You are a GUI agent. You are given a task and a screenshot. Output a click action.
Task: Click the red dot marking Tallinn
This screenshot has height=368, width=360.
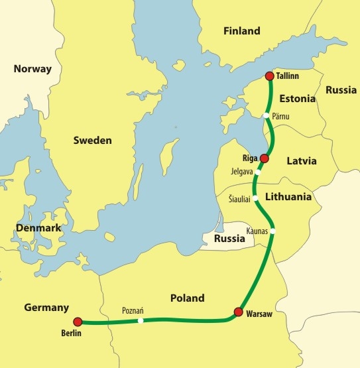point(269,76)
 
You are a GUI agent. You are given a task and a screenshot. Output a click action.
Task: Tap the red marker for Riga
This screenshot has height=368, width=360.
point(265,158)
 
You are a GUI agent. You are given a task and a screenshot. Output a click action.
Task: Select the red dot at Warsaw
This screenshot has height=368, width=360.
point(239,312)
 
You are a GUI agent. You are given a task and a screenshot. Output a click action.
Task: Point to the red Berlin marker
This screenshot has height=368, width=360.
point(78,321)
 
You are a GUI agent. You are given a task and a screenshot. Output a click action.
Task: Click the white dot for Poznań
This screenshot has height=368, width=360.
point(141,321)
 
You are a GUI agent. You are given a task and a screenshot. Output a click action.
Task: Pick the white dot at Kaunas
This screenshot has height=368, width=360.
point(272,231)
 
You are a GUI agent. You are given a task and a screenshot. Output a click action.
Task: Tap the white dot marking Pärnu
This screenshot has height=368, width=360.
point(266,115)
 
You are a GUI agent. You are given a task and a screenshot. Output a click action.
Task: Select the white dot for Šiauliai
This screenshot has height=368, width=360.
point(255,198)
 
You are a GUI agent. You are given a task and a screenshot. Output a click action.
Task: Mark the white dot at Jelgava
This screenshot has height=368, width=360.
point(259,169)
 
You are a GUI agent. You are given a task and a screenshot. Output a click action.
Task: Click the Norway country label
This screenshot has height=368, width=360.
point(32,68)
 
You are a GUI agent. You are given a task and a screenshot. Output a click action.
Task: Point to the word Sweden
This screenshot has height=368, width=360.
point(92,141)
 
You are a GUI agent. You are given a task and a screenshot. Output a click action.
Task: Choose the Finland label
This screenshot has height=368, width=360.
point(242,31)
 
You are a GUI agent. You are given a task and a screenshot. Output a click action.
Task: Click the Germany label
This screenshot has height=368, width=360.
point(46,308)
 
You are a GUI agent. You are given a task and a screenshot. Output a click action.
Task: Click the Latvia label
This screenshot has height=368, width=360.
point(302,160)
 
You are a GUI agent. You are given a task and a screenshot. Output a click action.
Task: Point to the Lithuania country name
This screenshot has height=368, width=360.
point(288,197)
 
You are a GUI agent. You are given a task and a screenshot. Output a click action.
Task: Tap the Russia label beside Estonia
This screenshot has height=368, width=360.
point(341,90)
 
